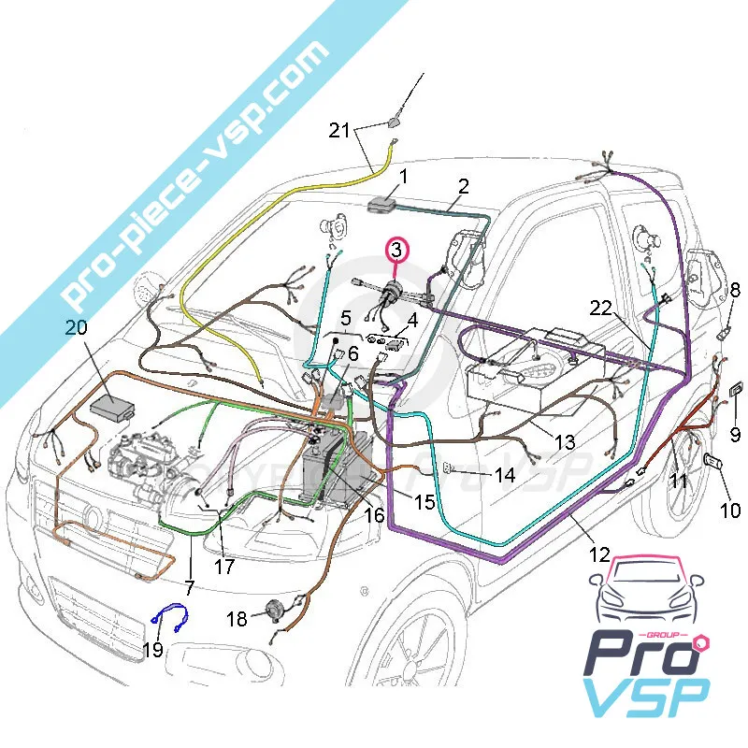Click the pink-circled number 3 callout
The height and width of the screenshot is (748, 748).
click(x=396, y=251)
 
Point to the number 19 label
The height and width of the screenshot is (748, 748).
click(x=152, y=648)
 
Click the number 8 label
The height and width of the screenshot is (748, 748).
click(x=735, y=290)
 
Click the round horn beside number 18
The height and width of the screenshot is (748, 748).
click(x=274, y=609)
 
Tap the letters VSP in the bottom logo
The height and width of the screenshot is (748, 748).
click(x=644, y=705)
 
